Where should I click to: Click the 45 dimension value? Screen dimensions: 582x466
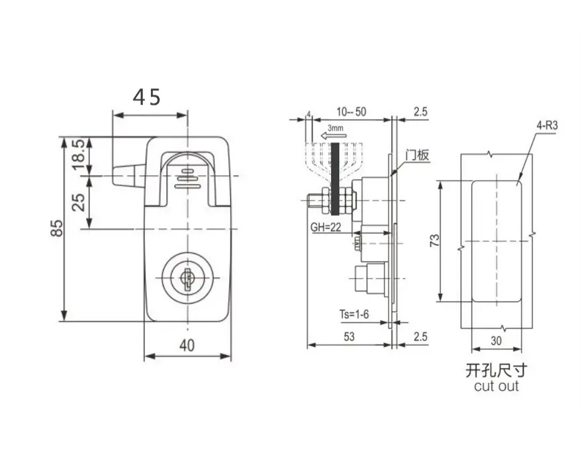tap(146, 97)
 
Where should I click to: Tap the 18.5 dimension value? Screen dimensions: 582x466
tap(79, 154)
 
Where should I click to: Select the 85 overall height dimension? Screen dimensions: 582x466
tap(57, 228)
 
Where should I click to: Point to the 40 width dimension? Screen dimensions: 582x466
tap(187, 346)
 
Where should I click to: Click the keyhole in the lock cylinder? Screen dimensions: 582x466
tap(187, 278)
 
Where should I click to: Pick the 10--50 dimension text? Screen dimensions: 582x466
tap(351, 111)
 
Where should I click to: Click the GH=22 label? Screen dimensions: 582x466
tap(326, 227)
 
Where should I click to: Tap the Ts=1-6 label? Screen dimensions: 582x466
tap(354, 314)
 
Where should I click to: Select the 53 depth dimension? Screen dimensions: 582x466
tap(349, 337)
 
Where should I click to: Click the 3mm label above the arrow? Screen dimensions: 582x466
tap(335, 128)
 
